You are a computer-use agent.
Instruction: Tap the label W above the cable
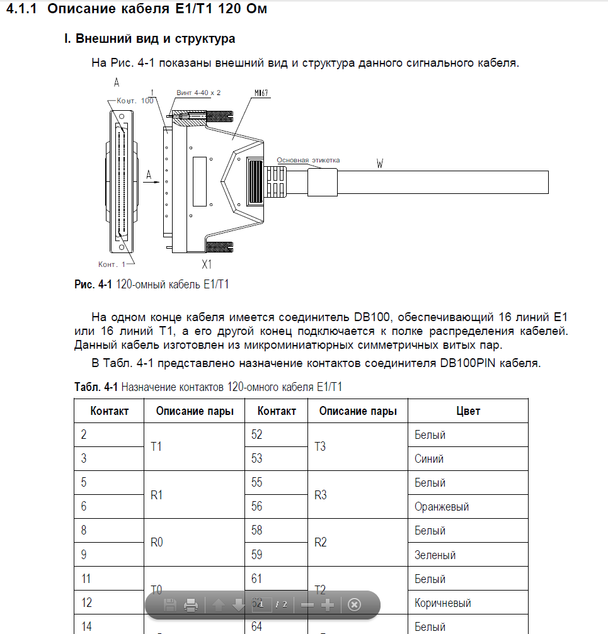click(380, 164)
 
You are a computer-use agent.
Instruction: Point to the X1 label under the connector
click(206, 265)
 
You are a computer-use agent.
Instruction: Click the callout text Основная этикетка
click(308, 160)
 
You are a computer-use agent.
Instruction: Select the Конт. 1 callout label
click(112, 264)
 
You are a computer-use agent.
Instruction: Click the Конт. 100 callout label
click(135, 101)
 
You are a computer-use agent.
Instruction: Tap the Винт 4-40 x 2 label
click(198, 93)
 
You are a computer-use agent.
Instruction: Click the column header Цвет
click(467, 411)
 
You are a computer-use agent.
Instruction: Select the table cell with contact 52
click(257, 434)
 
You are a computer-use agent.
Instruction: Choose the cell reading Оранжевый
click(442, 507)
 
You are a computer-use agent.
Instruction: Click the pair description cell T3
click(320, 446)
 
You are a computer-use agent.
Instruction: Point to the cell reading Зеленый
click(435, 555)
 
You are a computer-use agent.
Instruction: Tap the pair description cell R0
click(157, 543)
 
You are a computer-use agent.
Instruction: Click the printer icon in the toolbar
click(191, 605)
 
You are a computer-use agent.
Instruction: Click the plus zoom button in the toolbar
click(328, 605)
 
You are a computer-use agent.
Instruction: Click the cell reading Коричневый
click(443, 603)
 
